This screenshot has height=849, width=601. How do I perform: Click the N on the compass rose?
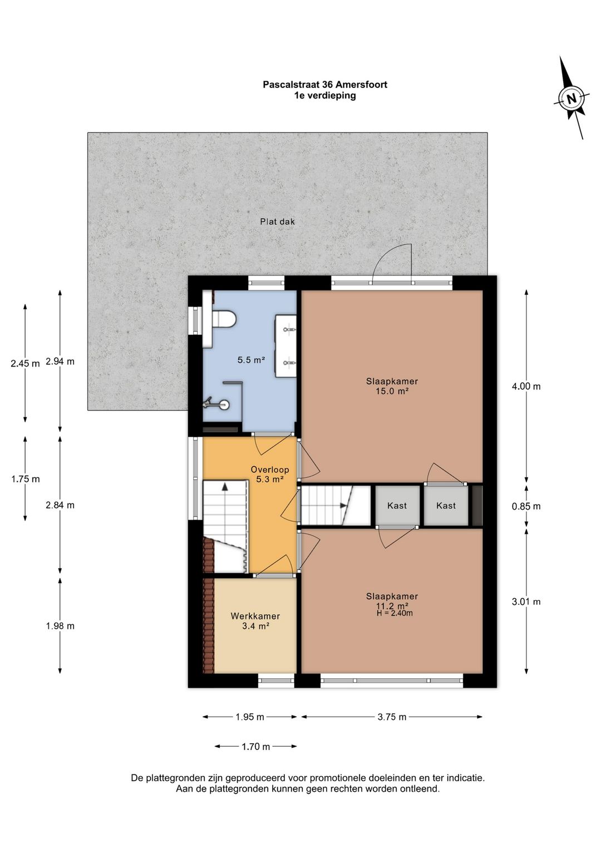(572, 99)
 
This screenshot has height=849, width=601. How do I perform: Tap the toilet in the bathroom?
(224, 318)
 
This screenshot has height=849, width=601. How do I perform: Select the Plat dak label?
(277, 222)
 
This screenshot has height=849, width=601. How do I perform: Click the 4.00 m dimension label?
(526, 386)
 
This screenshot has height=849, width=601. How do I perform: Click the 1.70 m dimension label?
(256, 747)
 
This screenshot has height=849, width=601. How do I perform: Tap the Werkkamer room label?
(255, 616)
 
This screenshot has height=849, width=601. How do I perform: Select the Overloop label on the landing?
(270, 470)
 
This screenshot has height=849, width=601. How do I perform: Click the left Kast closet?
(397, 505)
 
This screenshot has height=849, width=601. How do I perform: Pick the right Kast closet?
(446, 505)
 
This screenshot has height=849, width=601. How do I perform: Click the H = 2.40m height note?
(395, 613)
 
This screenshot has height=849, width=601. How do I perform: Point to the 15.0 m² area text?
(392, 391)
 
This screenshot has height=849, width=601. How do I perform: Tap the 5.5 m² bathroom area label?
(251, 360)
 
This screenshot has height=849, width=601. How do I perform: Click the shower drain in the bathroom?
(225, 404)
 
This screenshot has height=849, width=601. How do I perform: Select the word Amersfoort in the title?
(361, 85)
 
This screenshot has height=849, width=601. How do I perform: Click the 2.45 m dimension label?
(25, 363)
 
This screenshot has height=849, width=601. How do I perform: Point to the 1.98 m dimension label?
(60, 626)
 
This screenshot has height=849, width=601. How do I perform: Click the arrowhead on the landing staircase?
(225, 487)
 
